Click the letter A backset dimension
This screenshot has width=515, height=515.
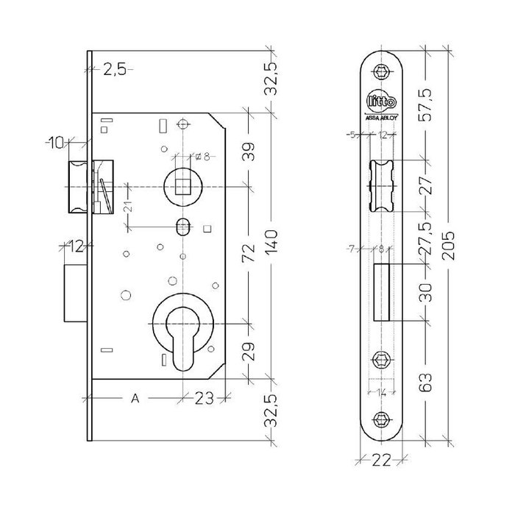click(x=135, y=399)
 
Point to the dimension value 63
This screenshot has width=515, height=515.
click(x=425, y=382)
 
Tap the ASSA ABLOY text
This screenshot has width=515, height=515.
click(x=381, y=117)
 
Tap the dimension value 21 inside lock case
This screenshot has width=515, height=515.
click(x=126, y=207)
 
